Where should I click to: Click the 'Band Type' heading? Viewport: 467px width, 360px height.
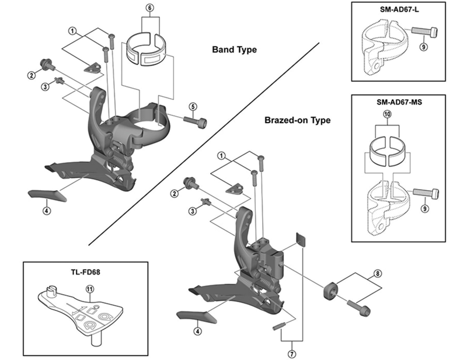click(234, 50)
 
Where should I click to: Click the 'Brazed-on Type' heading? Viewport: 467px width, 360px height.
click(297, 121)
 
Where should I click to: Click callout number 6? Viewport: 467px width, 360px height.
click(149, 8)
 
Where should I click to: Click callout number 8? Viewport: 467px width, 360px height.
click(378, 272)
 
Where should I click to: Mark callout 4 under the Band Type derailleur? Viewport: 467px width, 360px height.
click(46, 211)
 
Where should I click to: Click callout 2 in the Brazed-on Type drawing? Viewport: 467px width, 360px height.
click(174, 194)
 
